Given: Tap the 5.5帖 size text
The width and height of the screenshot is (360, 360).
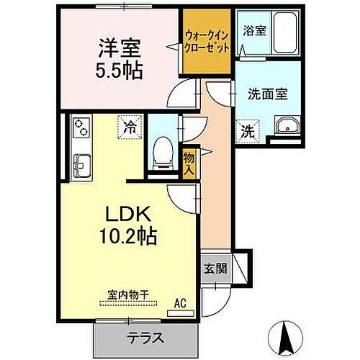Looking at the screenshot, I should (x=120, y=71).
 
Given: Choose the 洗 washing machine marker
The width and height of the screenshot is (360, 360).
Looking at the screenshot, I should (x=247, y=132).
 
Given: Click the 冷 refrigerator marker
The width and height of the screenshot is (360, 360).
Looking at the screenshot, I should (x=130, y=127).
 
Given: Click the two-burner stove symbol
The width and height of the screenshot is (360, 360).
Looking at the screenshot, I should (x=79, y=128).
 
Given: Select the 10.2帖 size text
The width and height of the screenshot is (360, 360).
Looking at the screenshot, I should (x=127, y=235).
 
